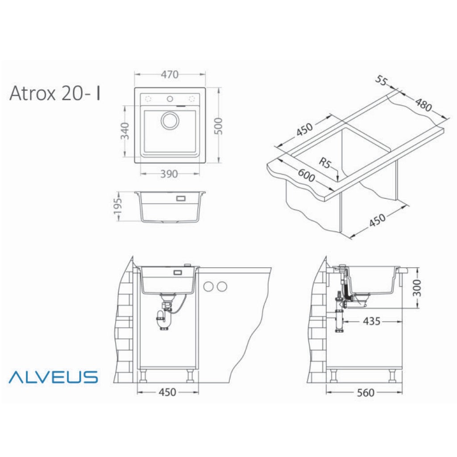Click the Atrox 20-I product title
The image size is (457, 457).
[x=55, y=93]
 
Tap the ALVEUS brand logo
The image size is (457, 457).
[x=53, y=377]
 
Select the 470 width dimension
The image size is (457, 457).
[x=170, y=75]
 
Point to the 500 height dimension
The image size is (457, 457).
[x=218, y=126]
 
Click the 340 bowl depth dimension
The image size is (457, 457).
[x=125, y=131]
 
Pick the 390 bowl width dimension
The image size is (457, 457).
[x=169, y=174]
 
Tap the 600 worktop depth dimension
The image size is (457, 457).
[x=306, y=175]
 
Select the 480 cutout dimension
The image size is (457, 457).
[x=424, y=105]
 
